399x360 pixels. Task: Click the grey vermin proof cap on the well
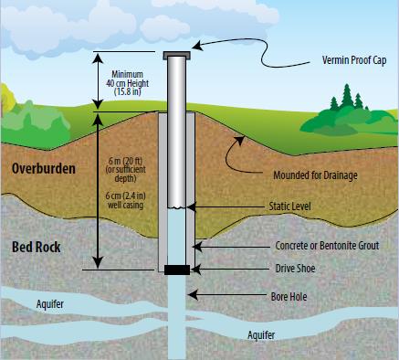[177, 56]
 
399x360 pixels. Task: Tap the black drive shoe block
[177, 270]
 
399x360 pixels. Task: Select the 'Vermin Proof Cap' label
[354, 60]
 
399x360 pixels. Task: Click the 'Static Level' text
[289, 206]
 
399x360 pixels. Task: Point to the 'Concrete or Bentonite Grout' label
[327, 246]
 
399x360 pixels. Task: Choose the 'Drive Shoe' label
[295, 269]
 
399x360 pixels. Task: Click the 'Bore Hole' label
[289, 296]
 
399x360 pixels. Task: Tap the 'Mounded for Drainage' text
[315, 175]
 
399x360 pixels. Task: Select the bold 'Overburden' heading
[44, 168]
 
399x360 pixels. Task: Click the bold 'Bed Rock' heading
[37, 247]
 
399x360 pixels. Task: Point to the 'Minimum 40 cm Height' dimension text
[127, 79]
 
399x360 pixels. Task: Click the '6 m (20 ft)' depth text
[126, 161]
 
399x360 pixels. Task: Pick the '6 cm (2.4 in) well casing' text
[125, 200]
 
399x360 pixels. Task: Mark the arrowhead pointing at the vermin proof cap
[196, 46]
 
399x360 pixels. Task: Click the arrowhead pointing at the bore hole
[193, 295]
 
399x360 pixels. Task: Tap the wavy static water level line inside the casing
[177, 207]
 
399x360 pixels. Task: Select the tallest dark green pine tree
[346, 96]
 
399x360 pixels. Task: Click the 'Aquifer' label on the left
[50, 303]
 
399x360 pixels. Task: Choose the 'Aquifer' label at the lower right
[261, 335]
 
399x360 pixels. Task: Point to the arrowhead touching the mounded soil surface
[240, 140]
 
